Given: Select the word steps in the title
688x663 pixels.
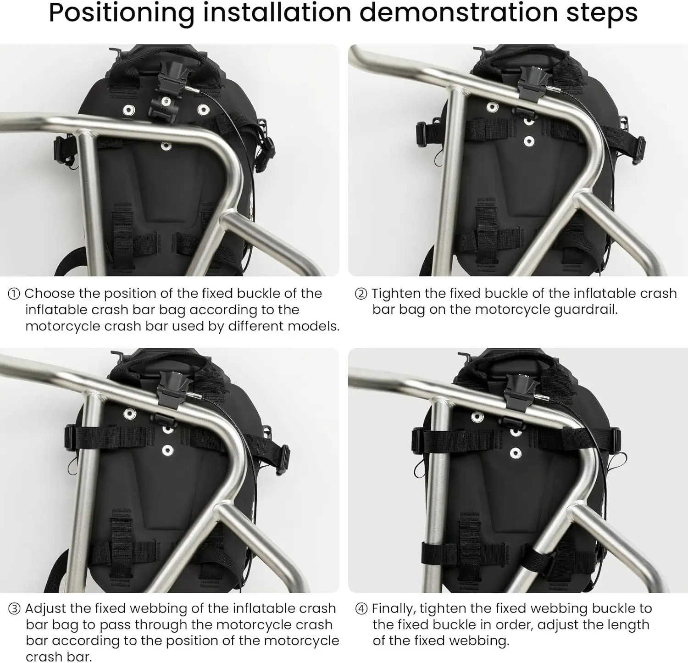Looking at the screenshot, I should [x=602, y=13].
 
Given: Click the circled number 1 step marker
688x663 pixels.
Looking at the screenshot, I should [x=14, y=294].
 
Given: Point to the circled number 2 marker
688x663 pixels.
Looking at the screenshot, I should [x=361, y=294].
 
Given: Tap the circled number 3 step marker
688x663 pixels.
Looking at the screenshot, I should [x=14, y=609].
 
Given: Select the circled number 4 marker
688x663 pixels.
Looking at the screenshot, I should [x=361, y=609].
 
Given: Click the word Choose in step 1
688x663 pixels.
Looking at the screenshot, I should [x=50, y=294].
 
